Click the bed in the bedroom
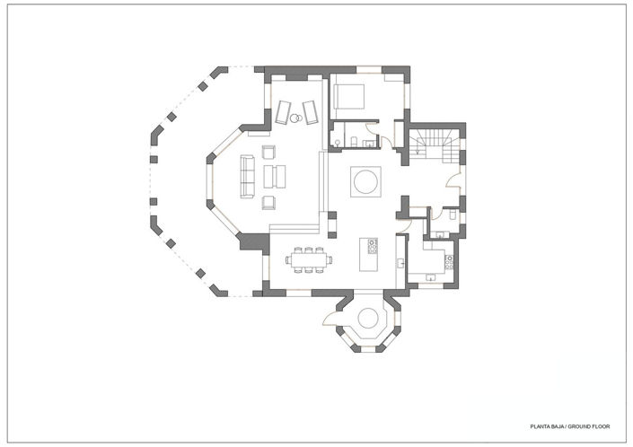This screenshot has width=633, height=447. point(349,95)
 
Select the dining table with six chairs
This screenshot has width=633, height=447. point(310,260)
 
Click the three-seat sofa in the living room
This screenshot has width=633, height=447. point(247,175)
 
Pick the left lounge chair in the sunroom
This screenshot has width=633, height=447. point(283,110)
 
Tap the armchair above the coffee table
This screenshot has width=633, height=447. point(268,152)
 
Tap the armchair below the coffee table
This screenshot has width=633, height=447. point(268,198)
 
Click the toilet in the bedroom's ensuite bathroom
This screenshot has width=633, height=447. point(355,139)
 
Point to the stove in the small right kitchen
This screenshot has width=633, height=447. point(447,261)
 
